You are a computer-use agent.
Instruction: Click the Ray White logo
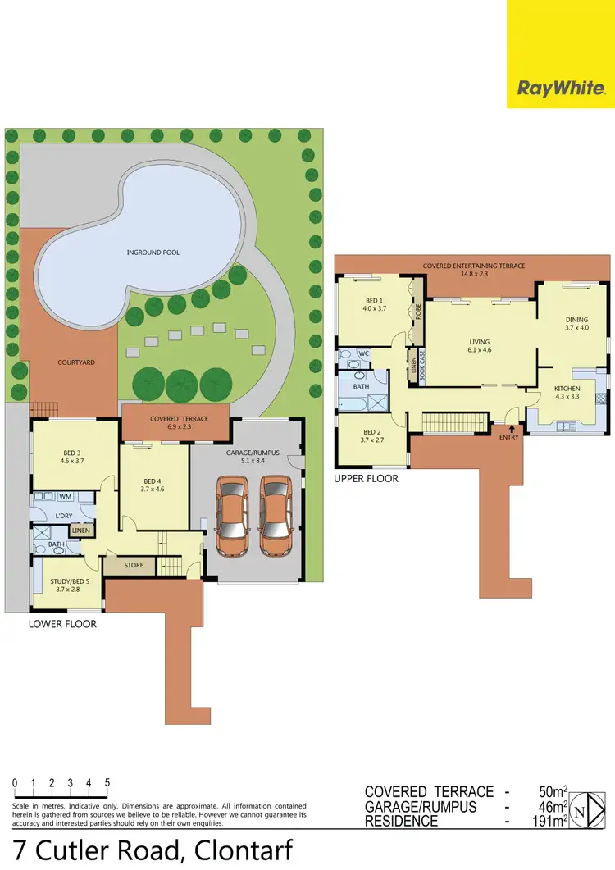point(561,88)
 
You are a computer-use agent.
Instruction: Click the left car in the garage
point(232,517)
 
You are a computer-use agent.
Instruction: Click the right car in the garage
point(276,517)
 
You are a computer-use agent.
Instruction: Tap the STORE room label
point(134,565)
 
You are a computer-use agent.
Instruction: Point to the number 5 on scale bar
point(107,783)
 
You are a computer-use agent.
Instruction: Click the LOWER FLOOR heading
point(62,624)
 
